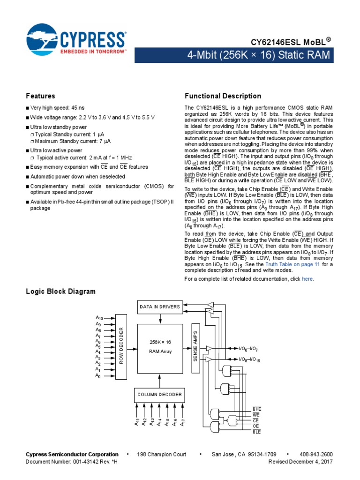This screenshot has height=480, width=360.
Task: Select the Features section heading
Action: pos(40,96)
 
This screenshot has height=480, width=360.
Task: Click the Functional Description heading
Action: pos(223,96)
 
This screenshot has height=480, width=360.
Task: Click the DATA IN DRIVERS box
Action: pos(159,307)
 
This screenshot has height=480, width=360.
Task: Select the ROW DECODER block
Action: pos(121,346)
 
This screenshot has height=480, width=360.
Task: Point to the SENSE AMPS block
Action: pos(195,346)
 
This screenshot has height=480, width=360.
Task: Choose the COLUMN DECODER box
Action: pos(159,394)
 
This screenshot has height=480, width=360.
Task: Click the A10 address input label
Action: pos(98,318)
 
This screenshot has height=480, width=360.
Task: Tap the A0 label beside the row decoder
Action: pos(98,375)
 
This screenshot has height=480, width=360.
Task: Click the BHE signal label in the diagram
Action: pos(256,409)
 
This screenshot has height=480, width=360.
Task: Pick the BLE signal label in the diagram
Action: pos(256,431)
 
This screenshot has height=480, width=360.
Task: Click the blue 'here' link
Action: pos(307,279)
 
